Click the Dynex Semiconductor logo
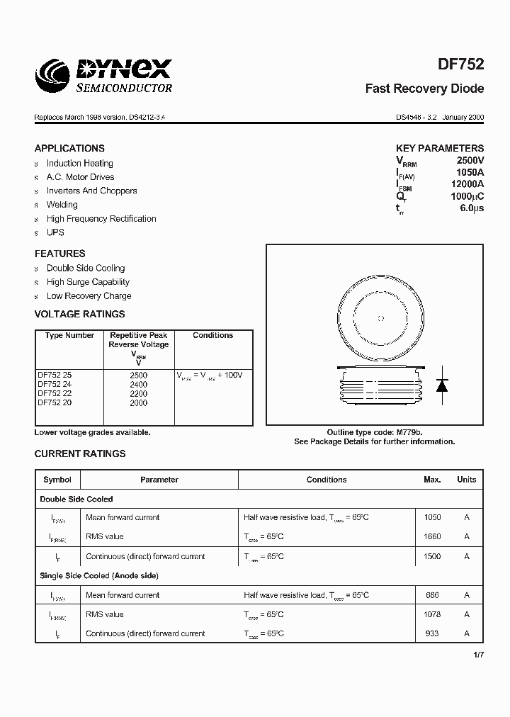click(103, 75)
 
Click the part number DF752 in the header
click(461, 64)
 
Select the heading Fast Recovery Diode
click(424, 89)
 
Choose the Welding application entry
click(62, 205)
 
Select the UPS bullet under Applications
click(55, 232)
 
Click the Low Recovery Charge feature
click(89, 296)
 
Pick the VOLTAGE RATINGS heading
click(79, 314)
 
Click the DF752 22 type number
click(55, 393)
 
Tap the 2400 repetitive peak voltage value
click(139, 384)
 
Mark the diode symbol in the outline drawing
click(442, 385)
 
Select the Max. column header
click(432, 480)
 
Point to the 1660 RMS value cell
click(432, 537)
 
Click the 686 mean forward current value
click(432, 596)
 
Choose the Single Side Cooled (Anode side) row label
click(99, 576)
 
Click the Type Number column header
click(69, 335)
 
